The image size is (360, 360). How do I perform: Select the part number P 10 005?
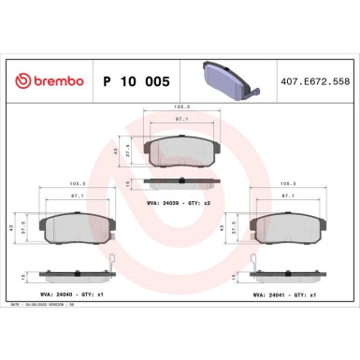[x=134, y=82]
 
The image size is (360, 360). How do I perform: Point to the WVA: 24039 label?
[x=166, y=201]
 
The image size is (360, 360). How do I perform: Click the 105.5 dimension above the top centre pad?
[x=180, y=108]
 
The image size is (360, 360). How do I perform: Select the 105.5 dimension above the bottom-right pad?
[x=283, y=184]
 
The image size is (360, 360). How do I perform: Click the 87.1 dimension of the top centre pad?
[x=180, y=120]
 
